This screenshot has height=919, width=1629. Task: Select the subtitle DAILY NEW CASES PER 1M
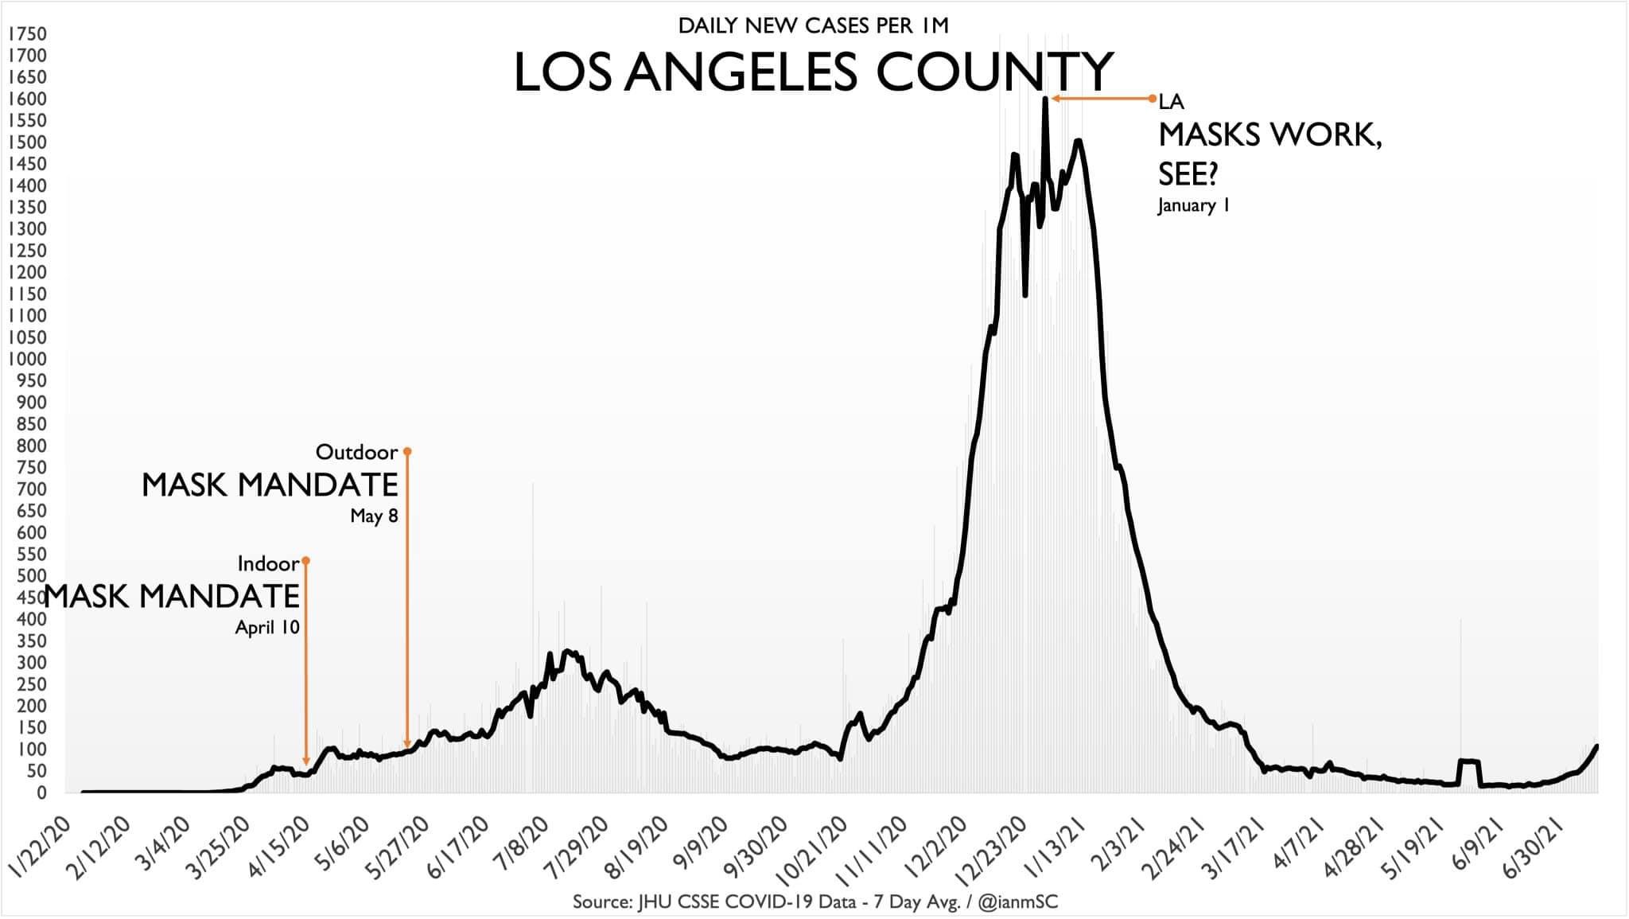click(813, 26)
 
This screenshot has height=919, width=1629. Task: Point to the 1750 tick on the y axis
click(27, 34)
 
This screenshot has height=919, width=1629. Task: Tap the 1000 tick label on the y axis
click(27, 359)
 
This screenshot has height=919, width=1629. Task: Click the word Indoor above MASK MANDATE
click(268, 564)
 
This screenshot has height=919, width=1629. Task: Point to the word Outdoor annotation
click(356, 453)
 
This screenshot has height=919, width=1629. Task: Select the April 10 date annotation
click(267, 628)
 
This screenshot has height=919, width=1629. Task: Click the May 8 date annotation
click(374, 516)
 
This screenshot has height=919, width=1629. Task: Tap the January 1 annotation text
click(1194, 206)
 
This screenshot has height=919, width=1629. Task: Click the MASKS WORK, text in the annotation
click(1269, 136)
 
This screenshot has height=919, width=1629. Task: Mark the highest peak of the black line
click(1045, 99)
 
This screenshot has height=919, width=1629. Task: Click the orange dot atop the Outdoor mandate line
click(407, 451)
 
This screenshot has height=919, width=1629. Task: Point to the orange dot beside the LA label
click(1152, 99)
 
